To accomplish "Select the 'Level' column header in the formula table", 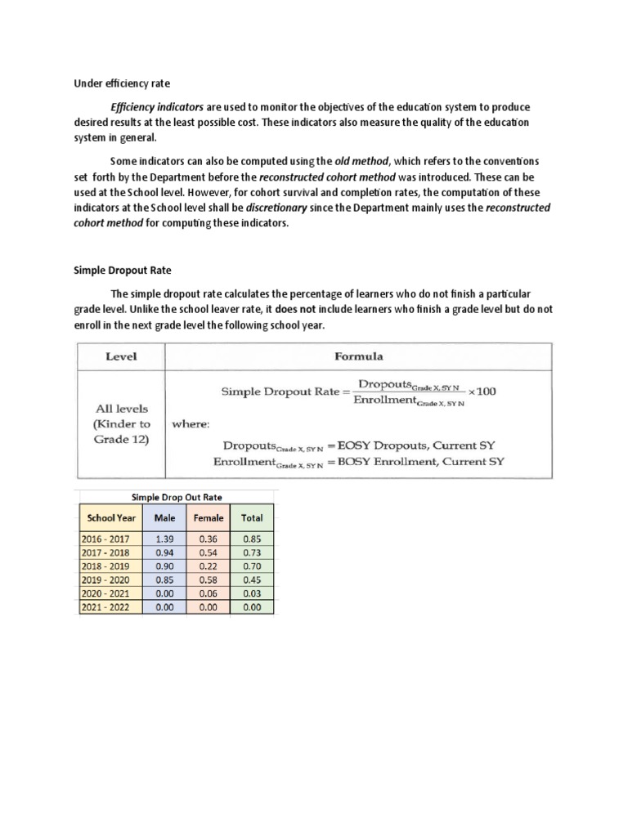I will click(121, 356).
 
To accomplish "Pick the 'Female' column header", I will click(208, 517).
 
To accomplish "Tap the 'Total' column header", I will click(252, 517).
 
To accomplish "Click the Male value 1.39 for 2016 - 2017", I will click(164, 539).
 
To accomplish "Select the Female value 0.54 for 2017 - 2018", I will click(208, 553).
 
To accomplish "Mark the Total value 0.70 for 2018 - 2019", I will click(252, 566).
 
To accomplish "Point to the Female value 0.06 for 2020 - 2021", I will click(208, 594).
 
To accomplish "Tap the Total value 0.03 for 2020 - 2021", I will click(252, 594).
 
